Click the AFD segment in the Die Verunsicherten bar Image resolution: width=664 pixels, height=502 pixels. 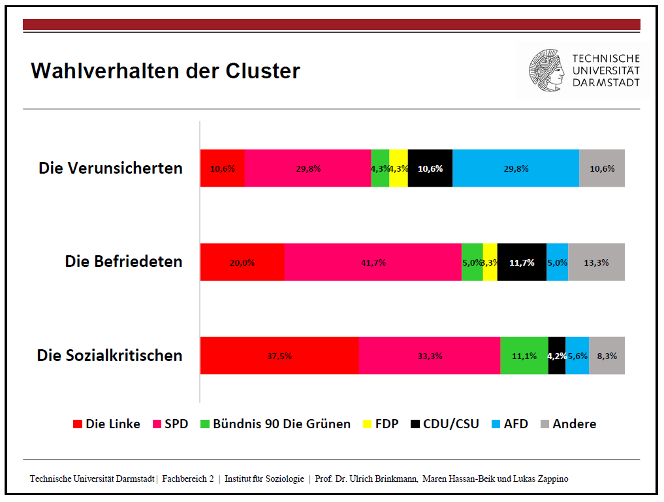pos(516,168)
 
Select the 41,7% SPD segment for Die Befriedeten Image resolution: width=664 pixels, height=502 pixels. pos(373,262)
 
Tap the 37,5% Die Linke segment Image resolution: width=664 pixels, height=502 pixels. pos(279,356)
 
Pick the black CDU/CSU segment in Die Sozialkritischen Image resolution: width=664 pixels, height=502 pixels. pos(557,356)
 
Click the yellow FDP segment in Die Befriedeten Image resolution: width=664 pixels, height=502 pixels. pos(490,262)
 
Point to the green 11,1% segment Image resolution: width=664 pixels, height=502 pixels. pos(524,356)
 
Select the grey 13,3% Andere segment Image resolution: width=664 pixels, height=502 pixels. pos(596,262)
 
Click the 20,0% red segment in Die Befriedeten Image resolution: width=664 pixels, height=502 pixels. pos(242,262)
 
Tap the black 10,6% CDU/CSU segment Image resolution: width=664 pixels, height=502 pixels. pos(430,168)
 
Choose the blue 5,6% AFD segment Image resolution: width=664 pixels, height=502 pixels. pos(577,356)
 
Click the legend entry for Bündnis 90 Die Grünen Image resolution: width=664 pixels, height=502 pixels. pos(276,424)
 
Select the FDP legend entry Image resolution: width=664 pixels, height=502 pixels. pos(381,424)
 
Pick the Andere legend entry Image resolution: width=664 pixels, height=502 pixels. pos(568,424)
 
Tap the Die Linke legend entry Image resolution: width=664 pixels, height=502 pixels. pos(106,424)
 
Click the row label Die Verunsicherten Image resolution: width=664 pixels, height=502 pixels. pos(110,168)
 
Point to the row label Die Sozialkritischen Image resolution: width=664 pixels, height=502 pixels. pos(110,356)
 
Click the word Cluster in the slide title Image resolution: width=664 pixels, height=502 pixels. pos(262,71)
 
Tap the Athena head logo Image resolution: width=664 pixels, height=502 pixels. pos(546,71)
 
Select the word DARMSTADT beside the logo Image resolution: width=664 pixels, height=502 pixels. pos(606,82)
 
